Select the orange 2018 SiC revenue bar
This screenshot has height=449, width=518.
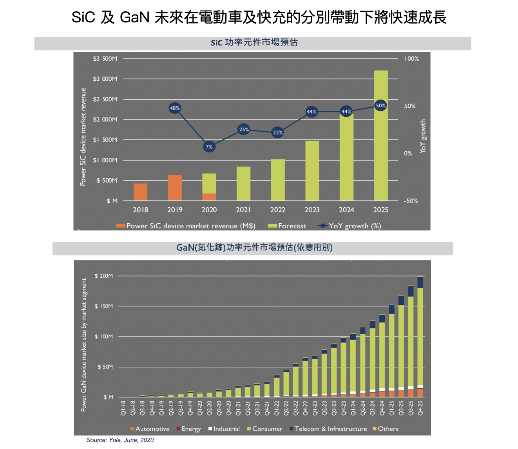[140, 192]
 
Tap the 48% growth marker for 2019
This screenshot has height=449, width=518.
[175, 108]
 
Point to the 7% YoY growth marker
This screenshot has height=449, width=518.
[209, 147]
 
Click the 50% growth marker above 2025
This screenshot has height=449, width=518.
[380, 105]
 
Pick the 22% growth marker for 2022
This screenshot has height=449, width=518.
[278, 132]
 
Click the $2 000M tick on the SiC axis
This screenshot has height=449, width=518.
[105, 119]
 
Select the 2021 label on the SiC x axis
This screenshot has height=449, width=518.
[243, 210]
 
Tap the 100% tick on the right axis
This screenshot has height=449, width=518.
[411, 59]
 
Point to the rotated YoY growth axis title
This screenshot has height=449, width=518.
[423, 136]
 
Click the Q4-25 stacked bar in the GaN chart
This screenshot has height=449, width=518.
[420, 337]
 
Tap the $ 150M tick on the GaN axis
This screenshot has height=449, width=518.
[104, 306]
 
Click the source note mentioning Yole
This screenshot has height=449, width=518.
[120, 440]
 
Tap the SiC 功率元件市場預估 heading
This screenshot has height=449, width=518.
[254, 43]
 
